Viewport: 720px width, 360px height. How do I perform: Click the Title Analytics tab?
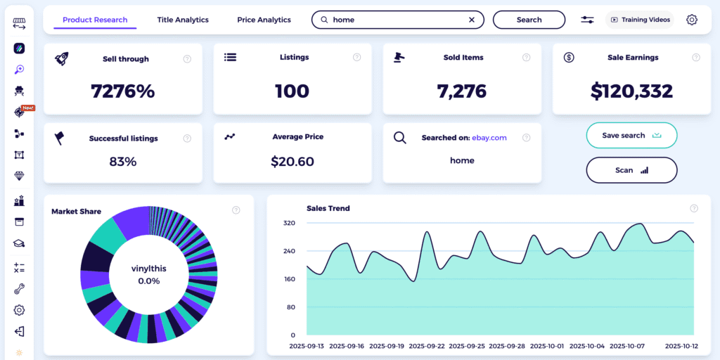(183, 20)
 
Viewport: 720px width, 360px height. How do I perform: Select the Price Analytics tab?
(264, 20)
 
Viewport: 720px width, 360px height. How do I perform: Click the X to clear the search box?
(472, 20)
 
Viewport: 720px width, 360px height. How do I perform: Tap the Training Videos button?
(639, 20)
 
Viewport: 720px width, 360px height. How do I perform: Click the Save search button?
(631, 136)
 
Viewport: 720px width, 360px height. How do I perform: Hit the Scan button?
(631, 170)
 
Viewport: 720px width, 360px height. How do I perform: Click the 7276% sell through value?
(123, 91)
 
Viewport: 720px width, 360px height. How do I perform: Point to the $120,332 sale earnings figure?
(631, 91)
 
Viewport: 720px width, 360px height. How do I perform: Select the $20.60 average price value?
(292, 161)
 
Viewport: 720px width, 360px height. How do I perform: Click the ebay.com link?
(489, 138)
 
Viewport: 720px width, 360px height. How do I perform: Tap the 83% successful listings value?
(123, 161)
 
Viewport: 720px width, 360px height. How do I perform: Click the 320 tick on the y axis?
(289, 223)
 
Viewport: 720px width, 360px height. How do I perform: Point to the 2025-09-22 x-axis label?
(426, 347)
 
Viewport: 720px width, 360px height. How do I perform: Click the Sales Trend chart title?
(328, 208)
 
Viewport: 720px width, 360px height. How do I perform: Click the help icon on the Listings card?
(357, 57)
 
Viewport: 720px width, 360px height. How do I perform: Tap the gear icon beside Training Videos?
(692, 20)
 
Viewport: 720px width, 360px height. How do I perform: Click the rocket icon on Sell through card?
(62, 58)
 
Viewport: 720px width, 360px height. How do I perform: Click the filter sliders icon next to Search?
(587, 20)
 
